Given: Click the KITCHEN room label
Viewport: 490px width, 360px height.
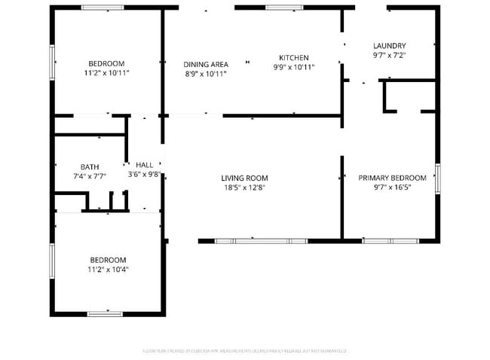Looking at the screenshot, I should (x=293, y=58).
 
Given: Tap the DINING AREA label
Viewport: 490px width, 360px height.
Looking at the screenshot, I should (x=207, y=65).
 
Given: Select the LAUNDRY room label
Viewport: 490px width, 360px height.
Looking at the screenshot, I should (x=389, y=46).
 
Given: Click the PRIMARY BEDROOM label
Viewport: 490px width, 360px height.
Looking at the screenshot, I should (x=392, y=178).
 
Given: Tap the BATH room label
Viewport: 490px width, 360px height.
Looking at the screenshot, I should (x=90, y=167).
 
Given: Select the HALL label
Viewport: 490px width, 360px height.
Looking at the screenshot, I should (x=144, y=165).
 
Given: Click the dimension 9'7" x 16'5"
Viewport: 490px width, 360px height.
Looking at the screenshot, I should (x=392, y=188).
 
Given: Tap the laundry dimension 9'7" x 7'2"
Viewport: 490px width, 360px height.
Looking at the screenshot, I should (x=389, y=55).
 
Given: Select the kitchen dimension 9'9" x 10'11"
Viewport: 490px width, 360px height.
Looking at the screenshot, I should (x=293, y=67).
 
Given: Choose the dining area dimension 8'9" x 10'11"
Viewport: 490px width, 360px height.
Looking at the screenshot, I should (x=207, y=74).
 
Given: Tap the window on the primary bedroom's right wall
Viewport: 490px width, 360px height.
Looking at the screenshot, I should (x=438, y=178).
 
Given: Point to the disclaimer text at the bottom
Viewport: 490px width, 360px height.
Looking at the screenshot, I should (x=244, y=351).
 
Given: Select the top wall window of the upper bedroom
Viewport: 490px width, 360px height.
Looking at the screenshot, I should (x=103, y=8).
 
